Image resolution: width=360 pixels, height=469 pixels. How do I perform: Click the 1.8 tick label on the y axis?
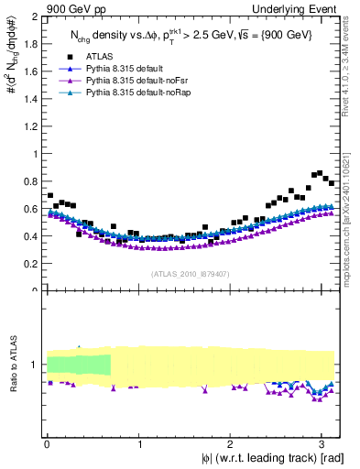click(29, 45)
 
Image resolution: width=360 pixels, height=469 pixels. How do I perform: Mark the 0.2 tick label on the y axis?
click(29, 264)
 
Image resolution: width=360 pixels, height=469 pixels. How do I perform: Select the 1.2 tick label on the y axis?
click(29, 126)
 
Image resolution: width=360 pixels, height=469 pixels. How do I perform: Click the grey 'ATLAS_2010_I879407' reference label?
click(191, 273)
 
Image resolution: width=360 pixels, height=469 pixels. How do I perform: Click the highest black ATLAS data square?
click(319, 172)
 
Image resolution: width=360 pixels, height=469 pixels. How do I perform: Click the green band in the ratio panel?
click(78, 364)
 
